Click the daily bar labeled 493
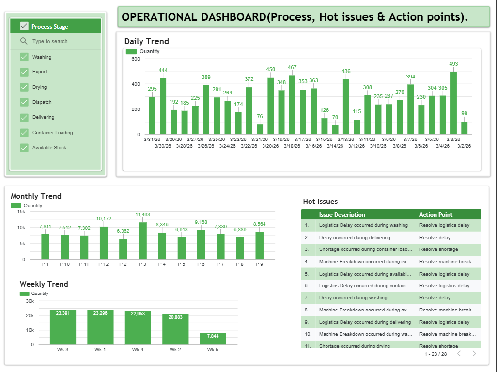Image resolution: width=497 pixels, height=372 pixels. (x=454, y=103)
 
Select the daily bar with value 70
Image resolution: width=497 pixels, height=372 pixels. (x=335, y=130)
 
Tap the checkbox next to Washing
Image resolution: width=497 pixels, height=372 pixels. (x=24, y=57)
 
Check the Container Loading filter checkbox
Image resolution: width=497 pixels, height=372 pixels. (x=24, y=133)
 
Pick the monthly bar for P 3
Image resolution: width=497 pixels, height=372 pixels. (x=142, y=241)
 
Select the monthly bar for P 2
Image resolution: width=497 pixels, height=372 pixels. (x=123, y=249)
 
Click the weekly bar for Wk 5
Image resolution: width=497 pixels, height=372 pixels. (x=213, y=339)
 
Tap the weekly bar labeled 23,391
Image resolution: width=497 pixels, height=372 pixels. (x=63, y=327)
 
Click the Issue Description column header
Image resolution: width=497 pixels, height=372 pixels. (x=342, y=215)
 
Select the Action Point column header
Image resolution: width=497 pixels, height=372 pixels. (x=436, y=215)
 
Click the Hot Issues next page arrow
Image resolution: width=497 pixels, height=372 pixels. (x=474, y=354)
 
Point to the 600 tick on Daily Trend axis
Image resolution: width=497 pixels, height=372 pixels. (x=136, y=59)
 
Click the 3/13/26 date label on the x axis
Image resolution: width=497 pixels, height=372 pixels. (x=345, y=139)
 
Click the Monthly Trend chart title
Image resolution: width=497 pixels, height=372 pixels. (x=36, y=196)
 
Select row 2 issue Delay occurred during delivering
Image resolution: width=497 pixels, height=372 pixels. (x=355, y=238)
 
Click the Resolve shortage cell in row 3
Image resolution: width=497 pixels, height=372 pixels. (x=438, y=249)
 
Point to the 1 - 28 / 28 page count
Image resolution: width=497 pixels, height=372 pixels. (x=435, y=354)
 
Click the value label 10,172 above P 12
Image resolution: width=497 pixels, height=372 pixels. (x=104, y=219)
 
